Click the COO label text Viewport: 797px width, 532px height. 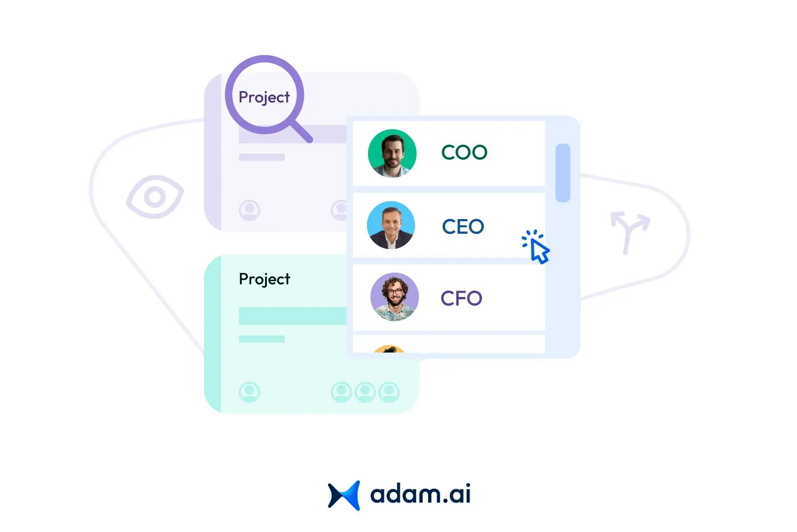(464, 152)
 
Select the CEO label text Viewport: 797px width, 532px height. (463, 226)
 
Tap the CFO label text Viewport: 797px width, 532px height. (461, 298)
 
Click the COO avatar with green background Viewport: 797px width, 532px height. (392, 153)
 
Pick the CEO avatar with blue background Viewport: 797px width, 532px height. (391, 225)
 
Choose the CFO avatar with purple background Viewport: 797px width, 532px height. (394, 297)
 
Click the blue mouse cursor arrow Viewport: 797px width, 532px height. (540, 251)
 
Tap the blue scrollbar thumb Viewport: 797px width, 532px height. (563, 173)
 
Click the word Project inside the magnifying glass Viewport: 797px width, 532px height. (264, 97)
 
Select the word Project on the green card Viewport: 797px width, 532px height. (264, 279)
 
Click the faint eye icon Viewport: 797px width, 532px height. (155, 197)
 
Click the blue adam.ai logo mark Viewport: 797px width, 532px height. (344, 495)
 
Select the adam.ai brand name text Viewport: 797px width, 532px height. (420, 494)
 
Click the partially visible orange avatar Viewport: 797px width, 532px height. (389, 349)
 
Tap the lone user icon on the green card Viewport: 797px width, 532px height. (249, 392)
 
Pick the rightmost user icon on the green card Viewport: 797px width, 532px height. (389, 392)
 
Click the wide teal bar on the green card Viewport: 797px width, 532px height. (292, 316)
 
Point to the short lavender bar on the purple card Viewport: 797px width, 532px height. (262, 157)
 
